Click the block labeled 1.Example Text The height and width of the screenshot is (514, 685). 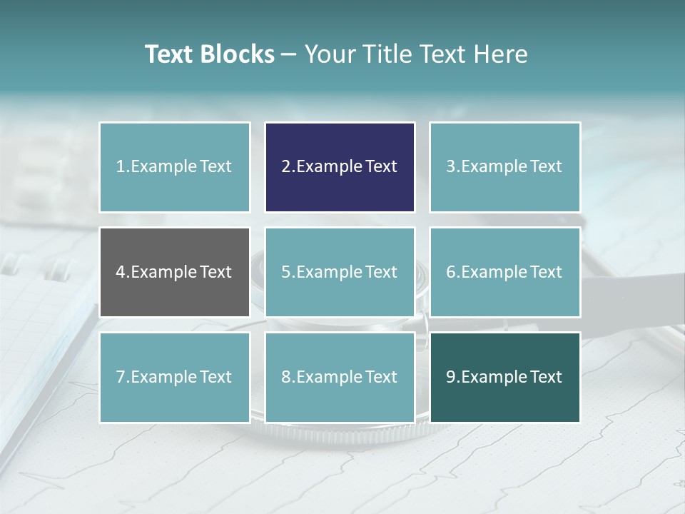coord(174,167)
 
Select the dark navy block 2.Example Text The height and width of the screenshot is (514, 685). coord(340,167)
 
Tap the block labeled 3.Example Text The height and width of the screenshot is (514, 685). coord(504,167)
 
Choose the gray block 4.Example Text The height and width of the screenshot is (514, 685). coord(174,272)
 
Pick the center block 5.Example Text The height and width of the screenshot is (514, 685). coord(340,272)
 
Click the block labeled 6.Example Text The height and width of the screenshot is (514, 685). coord(504,272)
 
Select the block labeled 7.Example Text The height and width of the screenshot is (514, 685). coord(174,377)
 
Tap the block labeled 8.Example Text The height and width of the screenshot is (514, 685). coord(340,377)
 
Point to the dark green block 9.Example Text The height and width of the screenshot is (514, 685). coord(504,377)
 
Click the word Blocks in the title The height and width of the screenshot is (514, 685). coord(237,54)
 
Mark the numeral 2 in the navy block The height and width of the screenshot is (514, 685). coord(285,167)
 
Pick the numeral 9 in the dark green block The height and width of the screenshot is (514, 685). coord(451,377)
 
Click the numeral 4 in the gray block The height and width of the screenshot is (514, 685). coord(121,272)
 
